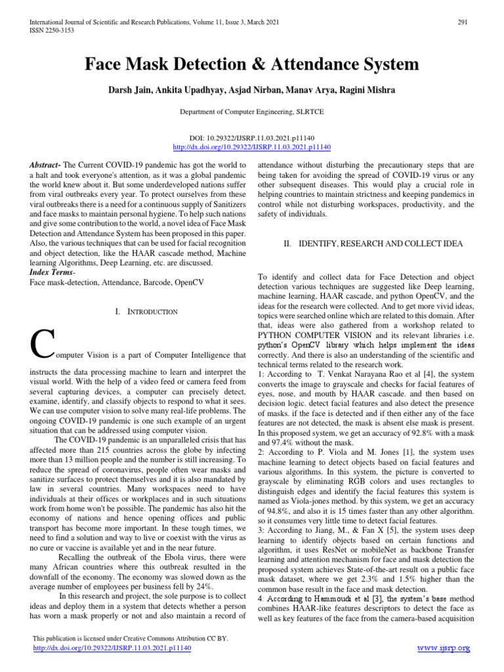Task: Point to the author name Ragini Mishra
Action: pyautogui.click(x=372, y=89)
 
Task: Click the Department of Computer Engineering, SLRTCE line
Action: pyautogui.click(x=251, y=112)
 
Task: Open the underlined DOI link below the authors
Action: pyautogui.click(x=251, y=148)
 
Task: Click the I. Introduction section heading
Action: pyautogui.click(x=146, y=311)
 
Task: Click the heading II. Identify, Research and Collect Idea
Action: pyautogui.click(x=373, y=243)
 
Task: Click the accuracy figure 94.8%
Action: pyautogui.click(x=276, y=510)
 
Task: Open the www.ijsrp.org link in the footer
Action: pyautogui.click(x=444, y=648)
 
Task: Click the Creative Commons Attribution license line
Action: pyautogui.click(x=129, y=638)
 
